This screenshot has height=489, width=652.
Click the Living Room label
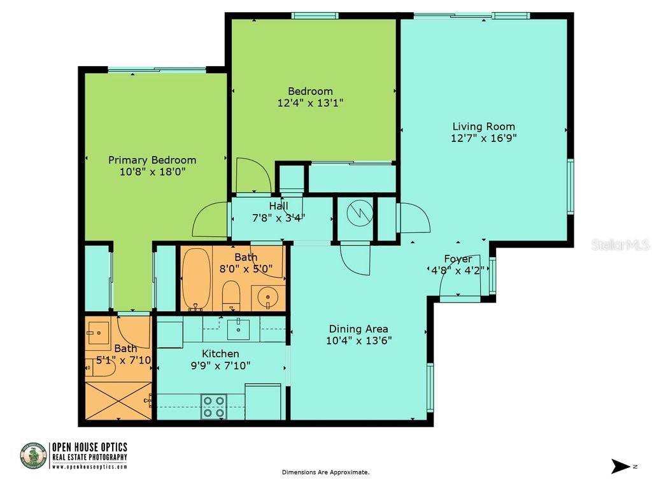tap(483, 126)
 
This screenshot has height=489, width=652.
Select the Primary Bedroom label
tap(152, 160)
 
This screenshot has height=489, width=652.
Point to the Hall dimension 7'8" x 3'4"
tap(278, 217)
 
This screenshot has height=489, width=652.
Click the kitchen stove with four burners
tap(214, 406)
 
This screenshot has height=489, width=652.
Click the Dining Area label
tap(358, 329)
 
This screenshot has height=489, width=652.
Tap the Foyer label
tap(458, 259)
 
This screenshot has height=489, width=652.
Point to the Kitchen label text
tap(220, 353)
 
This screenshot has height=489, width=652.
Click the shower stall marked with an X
tap(118, 400)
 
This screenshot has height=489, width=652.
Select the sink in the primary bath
tap(98, 332)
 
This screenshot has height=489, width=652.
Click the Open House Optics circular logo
tap(34, 456)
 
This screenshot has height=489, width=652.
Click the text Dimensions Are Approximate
tap(325, 472)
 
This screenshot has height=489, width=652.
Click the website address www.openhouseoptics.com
tap(89, 467)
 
